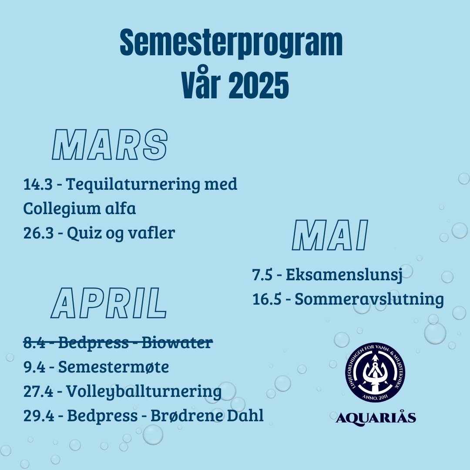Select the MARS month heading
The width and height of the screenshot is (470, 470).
109,144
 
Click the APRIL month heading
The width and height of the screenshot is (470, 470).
108,303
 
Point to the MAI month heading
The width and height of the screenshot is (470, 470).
330,235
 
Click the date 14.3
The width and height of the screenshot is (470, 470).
38,184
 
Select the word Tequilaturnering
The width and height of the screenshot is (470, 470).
133,185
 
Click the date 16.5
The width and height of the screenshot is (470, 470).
267,299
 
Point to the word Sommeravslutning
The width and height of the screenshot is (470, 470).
369,299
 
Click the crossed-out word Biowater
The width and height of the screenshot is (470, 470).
177,342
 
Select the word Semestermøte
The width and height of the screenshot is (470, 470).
114,366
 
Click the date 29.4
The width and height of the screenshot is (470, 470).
39,416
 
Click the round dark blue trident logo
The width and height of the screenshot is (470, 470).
375,373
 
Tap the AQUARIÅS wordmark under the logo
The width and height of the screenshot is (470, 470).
376,417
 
